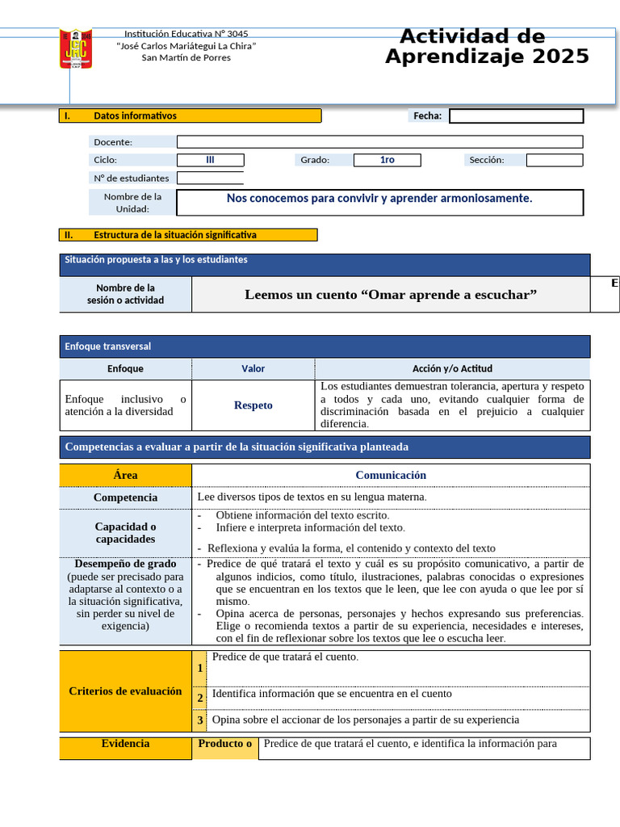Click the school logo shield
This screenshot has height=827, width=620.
coord(76,49)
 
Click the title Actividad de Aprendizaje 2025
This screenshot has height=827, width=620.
coord(486,47)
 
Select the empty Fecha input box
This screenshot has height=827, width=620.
coord(516,116)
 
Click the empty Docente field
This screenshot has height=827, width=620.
coord(379,142)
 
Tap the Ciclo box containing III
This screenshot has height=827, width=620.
coord(210,160)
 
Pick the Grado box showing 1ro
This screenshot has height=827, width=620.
coord(387,160)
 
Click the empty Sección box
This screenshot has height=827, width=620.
coord(554,160)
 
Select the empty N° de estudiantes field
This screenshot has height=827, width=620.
coord(210,178)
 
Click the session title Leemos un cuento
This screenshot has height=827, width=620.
coord(391,295)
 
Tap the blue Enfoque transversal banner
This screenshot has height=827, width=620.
coord(325,346)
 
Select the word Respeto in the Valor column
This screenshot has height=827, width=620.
coord(253,405)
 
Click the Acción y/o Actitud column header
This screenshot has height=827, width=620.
coord(452,369)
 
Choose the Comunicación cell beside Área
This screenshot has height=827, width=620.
coord(391,476)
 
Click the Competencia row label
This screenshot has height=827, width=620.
coord(125,497)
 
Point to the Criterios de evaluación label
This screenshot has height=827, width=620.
coord(125,691)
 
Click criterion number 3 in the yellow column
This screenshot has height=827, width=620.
coord(200,720)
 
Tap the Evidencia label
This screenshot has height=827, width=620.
coord(125,744)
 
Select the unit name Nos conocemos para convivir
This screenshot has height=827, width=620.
coord(379,199)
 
